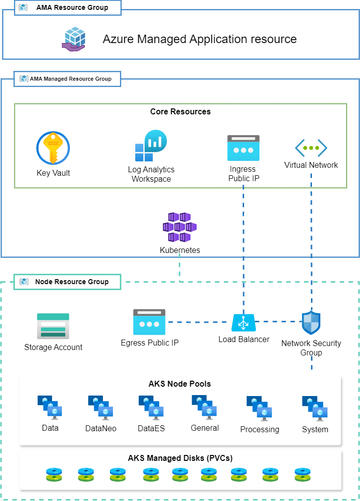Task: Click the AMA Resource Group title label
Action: (72, 8)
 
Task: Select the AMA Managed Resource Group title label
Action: (70, 79)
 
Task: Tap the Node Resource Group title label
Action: (71, 282)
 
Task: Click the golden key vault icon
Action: (53, 148)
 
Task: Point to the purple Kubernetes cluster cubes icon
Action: (180, 227)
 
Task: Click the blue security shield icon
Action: (311, 323)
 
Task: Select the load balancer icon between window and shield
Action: (244, 323)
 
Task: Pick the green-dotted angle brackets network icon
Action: (311, 148)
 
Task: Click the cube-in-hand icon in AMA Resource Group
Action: (74, 39)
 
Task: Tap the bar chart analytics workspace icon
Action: (151, 146)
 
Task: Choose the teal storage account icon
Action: (53, 326)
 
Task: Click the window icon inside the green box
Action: (243, 148)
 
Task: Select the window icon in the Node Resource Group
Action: (149, 322)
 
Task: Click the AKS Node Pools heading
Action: (180, 384)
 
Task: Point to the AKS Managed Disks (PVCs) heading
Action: (180, 458)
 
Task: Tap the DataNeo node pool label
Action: (101, 428)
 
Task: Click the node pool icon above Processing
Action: (259, 408)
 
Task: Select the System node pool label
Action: (315, 429)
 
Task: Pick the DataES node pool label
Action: (151, 428)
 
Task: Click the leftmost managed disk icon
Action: (54, 475)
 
